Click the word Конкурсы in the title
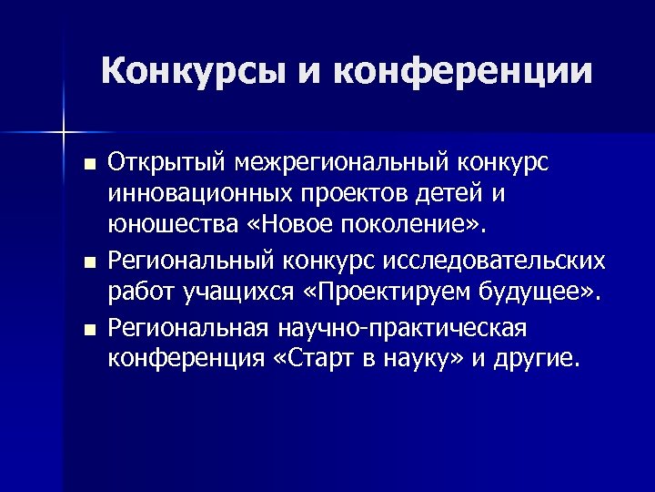pyautogui.click(x=194, y=70)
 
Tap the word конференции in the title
pyautogui.click(x=464, y=70)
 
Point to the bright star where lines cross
pyautogui.click(x=65, y=133)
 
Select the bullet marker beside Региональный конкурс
pyautogui.click(x=87, y=263)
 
